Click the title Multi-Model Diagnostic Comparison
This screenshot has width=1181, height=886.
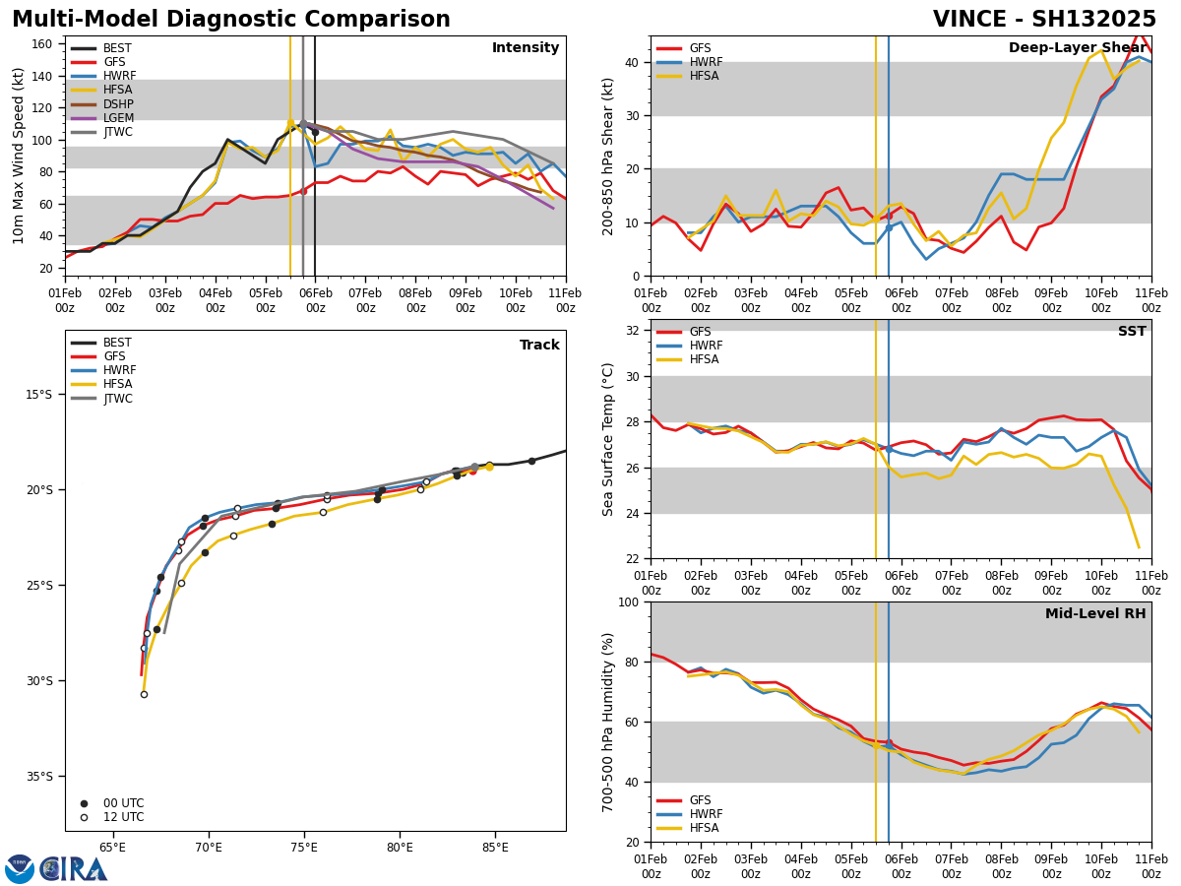(230, 20)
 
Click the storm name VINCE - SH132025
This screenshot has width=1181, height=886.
(1044, 20)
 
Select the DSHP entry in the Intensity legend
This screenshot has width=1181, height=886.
(118, 104)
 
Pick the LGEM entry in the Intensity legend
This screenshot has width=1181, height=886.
(118, 118)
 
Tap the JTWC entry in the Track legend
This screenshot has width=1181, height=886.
(119, 399)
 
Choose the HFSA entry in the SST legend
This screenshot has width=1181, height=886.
(704, 359)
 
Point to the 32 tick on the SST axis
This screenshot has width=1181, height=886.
(634, 331)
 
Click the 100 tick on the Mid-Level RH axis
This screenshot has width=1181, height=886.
(630, 601)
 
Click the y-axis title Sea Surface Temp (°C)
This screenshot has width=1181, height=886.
(609, 438)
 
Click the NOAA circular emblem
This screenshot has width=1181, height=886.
(20, 869)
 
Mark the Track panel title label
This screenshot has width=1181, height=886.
(539, 346)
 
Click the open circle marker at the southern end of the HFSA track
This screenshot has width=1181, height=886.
(144, 694)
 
